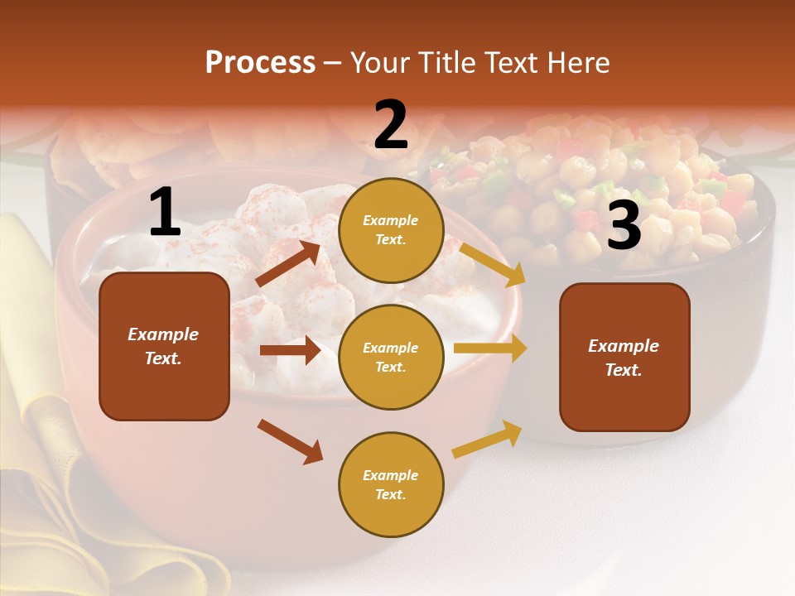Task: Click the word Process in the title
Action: [260, 63]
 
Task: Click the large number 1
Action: [165, 213]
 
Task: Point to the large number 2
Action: [391, 125]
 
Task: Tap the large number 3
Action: [624, 226]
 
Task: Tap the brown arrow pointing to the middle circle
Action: [290, 350]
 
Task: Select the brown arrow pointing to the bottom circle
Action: [290, 441]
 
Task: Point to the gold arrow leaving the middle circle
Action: [490, 348]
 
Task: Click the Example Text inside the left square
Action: [163, 346]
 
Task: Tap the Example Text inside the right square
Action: [624, 358]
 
